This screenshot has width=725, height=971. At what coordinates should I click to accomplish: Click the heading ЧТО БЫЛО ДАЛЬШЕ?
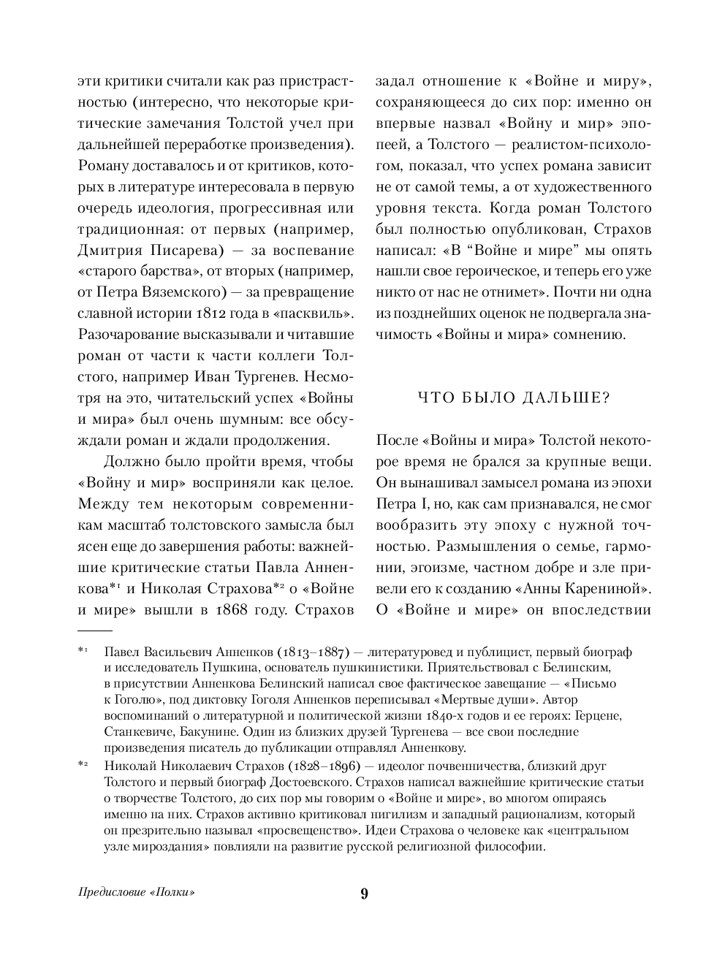coord(513,398)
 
